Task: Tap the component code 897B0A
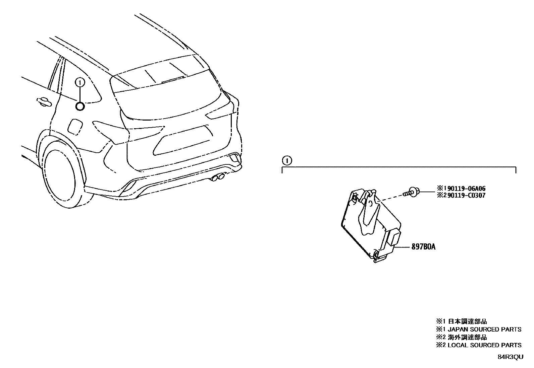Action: pos(424,247)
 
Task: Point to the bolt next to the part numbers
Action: pos(411,192)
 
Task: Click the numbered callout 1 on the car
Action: pos(80,82)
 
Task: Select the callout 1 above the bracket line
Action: pos(287,161)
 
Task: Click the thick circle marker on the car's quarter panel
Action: pos(80,106)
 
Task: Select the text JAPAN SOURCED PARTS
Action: pos(484,329)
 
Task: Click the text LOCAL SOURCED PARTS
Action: pos(484,345)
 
